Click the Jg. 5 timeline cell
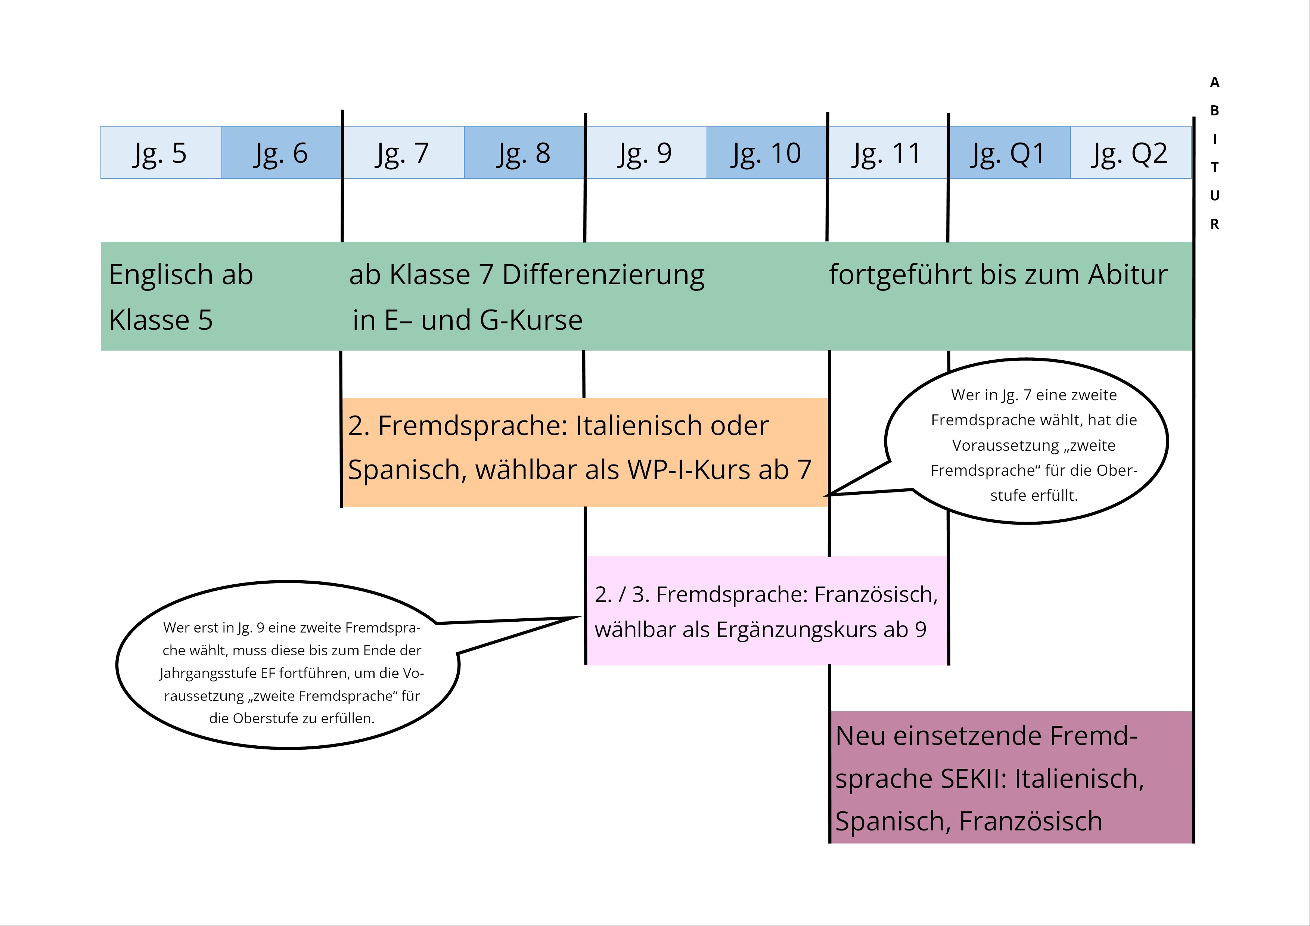pos(161,152)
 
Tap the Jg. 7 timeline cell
pos(403,152)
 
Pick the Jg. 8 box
pos(524,152)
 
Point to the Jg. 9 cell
pos(645,152)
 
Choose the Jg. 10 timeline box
pos(766,152)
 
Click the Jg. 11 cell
pos(887,152)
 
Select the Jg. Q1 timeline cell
pos(1009,152)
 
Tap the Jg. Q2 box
pos(1130,152)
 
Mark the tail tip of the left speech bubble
pos(581,617)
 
